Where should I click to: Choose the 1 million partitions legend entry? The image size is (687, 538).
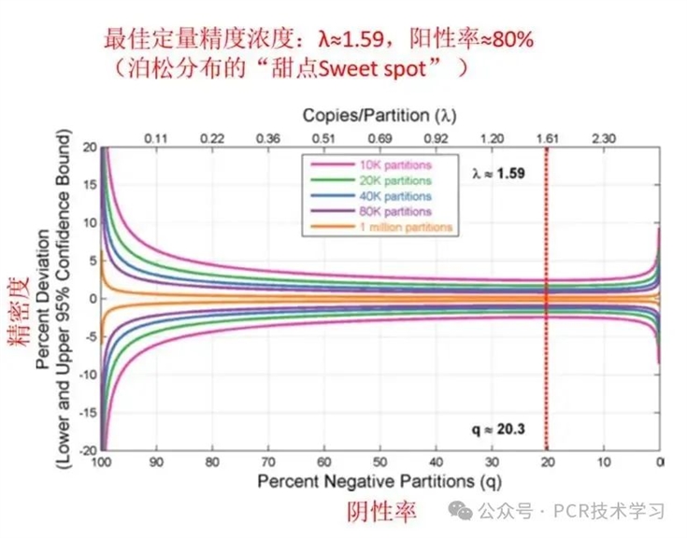[383, 227]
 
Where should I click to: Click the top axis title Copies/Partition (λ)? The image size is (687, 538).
[379, 116]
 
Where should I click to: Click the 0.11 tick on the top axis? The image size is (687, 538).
[156, 138]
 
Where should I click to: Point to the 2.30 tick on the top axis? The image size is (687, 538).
[603, 138]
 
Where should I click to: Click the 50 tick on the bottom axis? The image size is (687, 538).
[379, 462]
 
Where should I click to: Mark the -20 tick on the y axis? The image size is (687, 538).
[86, 449]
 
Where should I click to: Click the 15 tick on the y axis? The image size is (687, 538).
[89, 185]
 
